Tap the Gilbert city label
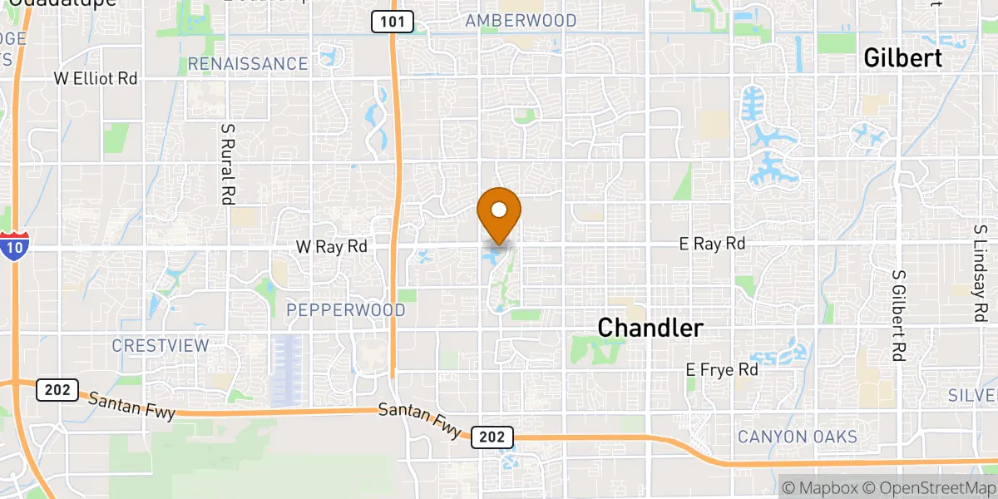coord(902,58)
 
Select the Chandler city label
coord(650,329)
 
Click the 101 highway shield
coord(393,22)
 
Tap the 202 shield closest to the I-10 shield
coord(57,389)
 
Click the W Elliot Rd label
coord(95,79)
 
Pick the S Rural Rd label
coord(226,165)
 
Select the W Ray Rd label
coord(331,247)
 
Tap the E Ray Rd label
coord(712,244)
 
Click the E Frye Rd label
coord(722,369)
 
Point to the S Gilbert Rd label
coord(897,314)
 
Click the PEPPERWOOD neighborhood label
coord(346,310)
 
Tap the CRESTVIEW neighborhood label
coord(161,345)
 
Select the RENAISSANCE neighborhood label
coord(248,64)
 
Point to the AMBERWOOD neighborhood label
coord(521,21)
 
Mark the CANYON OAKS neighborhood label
coord(798,437)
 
